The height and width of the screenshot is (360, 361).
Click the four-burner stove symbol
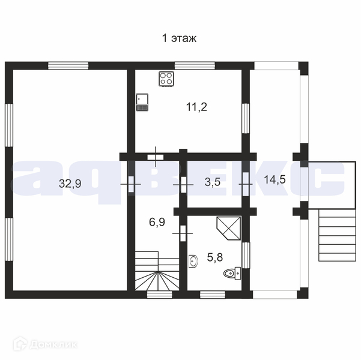click(x=166, y=79)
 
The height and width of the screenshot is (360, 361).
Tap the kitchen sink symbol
click(x=142, y=102)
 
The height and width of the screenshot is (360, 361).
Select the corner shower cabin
click(x=229, y=228)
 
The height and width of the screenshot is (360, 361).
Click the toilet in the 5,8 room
click(x=232, y=273)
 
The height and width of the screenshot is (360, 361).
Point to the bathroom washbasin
click(x=193, y=262)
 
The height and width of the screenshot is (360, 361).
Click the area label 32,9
click(x=70, y=184)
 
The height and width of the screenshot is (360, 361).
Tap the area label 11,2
click(x=196, y=107)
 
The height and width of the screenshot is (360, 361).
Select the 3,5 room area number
click(x=213, y=182)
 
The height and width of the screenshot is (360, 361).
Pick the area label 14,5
click(x=275, y=179)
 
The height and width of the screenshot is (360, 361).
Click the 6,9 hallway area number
click(x=157, y=222)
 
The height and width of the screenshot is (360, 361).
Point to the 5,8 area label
click(x=215, y=257)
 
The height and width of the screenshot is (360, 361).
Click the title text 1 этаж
click(x=180, y=38)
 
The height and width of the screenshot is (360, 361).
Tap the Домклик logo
click(x=46, y=344)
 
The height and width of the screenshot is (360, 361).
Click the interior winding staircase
click(x=157, y=271)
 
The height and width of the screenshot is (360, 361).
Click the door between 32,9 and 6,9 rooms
click(x=131, y=184)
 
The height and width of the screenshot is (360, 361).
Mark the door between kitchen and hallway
click(x=156, y=157)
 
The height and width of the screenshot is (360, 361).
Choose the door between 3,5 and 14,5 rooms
click(x=246, y=184)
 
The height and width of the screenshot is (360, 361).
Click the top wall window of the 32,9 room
click(x=68, y=66)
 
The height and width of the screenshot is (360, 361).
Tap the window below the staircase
click(x=160, y=295)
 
